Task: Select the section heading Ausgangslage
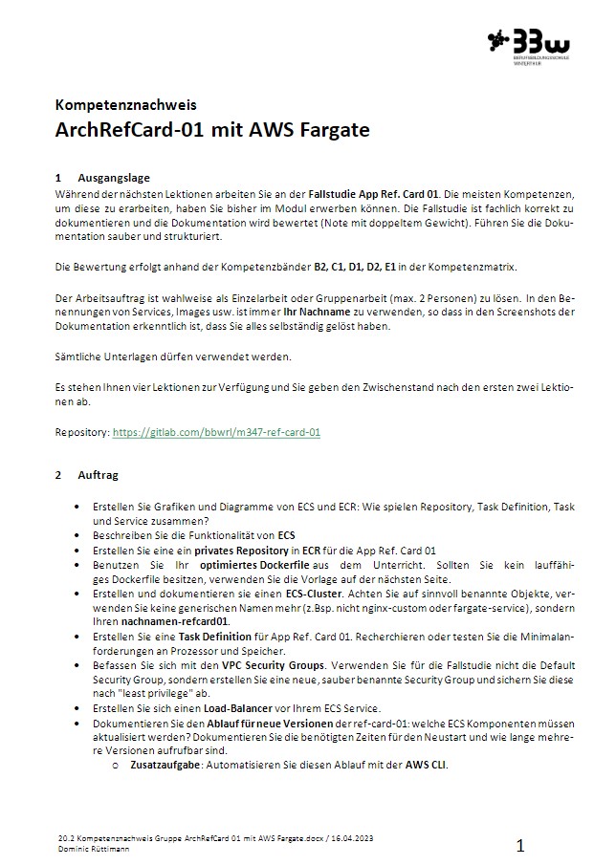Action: [x=114, y=178]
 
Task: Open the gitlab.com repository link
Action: [x=216, y=432]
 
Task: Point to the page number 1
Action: [x=520, y=845]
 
